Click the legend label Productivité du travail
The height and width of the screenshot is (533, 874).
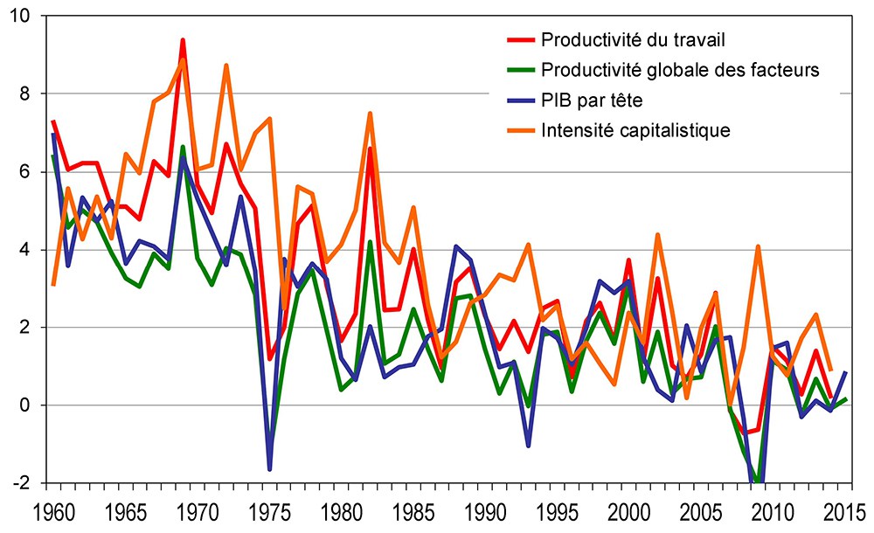point(635,40)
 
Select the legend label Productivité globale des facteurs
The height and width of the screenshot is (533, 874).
point(680,70)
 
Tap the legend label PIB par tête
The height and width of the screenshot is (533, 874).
point(592,100)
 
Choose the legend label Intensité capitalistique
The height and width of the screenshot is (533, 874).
point(635,130)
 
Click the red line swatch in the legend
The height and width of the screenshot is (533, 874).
point(520,40)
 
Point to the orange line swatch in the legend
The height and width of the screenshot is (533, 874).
point(520,130)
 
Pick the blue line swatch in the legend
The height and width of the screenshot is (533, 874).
point(520,100)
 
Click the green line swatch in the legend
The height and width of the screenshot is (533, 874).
point(520,70)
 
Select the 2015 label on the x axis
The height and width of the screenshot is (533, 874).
point(841,511)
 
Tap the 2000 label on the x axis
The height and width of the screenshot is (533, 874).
point(628,511)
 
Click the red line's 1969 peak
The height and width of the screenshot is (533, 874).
point(183,40)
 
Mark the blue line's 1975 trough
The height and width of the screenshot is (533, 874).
point(269,469)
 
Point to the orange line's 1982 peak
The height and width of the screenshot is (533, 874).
point(370,114)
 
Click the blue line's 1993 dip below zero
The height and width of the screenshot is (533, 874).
point(528,446)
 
